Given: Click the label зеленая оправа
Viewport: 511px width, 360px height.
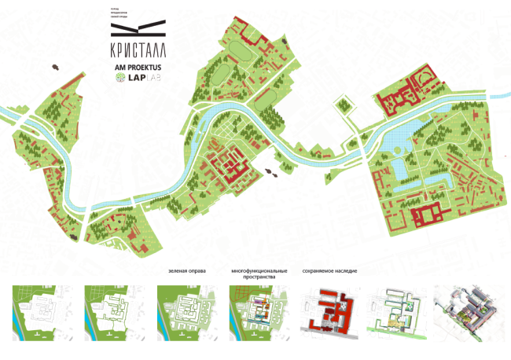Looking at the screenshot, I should click(x=187, y=271).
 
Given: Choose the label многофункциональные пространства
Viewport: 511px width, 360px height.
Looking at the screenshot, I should click(x=255, y=274).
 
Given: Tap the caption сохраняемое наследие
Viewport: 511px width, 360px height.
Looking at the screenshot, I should click(x=329, y=271).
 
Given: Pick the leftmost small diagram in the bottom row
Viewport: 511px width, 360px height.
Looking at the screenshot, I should click(x=38, y=308).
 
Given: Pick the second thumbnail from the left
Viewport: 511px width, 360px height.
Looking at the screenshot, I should click(x=109, y=308).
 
